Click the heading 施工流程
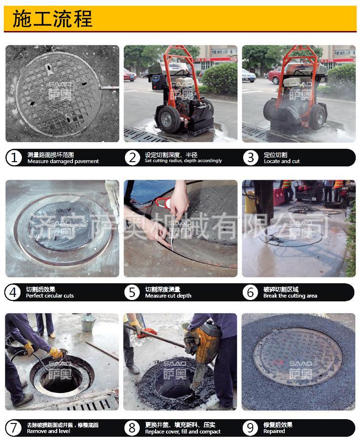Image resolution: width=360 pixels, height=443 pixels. [52, 19]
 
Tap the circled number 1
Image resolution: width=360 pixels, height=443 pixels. [13, 158]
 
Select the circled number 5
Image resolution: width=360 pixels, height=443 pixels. [132, 292]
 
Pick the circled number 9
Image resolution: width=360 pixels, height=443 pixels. [250, 428]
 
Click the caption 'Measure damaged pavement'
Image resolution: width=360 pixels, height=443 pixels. [63, 161]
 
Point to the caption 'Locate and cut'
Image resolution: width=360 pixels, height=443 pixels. [281, 161]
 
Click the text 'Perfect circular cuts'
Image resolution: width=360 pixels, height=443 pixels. [50, 296]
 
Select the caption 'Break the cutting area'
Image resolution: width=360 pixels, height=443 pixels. [290, 296]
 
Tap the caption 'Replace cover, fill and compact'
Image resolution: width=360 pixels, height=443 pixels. [183, 432]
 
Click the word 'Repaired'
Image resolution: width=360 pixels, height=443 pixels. [274, 431]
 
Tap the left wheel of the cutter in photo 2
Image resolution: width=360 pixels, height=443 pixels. [169, 119]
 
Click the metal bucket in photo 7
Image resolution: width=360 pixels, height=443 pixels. [88, 322]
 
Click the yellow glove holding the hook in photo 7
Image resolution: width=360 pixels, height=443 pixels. [56, 353]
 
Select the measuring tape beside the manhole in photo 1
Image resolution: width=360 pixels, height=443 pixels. [110, 88]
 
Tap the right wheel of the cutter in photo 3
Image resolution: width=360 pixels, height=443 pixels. [318, 117]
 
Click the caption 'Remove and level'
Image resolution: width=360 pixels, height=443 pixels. [48, 431]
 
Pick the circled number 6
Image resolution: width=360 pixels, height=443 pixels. [250, 292]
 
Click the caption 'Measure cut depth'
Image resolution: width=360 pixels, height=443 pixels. [168, 296]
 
